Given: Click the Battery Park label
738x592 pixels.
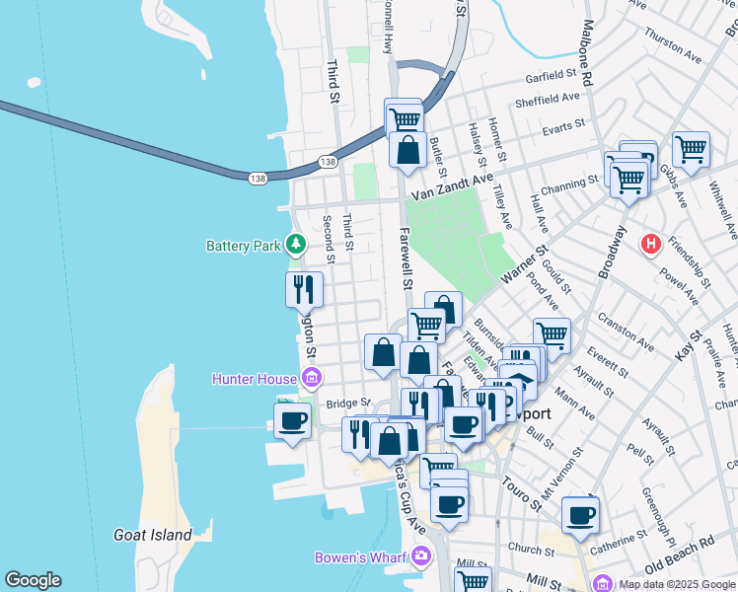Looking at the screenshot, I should pyautogui.click(x=244, y=246).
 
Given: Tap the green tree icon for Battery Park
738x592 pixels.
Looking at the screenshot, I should pyautogui.click(x=295, y=244).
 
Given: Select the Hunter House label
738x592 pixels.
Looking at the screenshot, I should pyautogui.click(x=254, y=379).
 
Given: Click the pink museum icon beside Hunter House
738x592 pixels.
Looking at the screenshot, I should pyautogui.click(x=312, y=377).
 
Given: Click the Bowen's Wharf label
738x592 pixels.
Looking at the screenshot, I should pyautogui.click(x=361, y=557).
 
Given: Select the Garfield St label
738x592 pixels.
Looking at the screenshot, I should pyautogui.click(x=551, y=75).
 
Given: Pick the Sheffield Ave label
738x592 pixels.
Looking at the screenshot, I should pyautogui.click(x=548, y=100).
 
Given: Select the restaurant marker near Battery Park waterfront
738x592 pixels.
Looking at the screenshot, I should pyautogui.click(x=304, y=289).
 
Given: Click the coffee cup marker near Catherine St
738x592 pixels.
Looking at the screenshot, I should pyautogui.click(x=580, y=513).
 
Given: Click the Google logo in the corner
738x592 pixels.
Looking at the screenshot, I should pyautogui.click(x=33, y=580).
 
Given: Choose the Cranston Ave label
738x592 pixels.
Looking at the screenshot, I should pyautogui.click(x=626, y=333).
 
